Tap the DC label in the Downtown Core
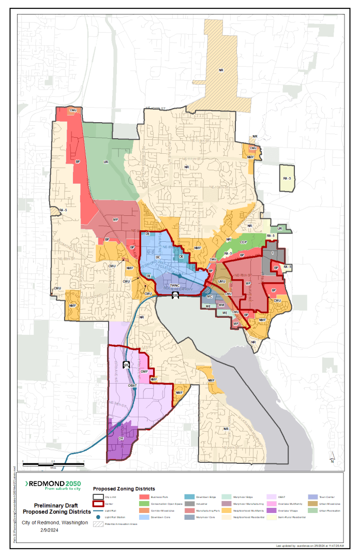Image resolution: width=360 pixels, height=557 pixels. pyautogui.click(x=158, y=257)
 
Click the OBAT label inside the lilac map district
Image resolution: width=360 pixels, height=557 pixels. pyautogui.click(x=132, y=386)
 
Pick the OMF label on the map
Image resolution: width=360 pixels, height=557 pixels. pyautogui.click(x=144, y=371)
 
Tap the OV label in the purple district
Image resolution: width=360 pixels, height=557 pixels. pyautogui.click(x=121, y=438)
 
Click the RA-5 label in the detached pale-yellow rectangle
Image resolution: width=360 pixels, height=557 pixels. pyautogui.click(x=286, y=178)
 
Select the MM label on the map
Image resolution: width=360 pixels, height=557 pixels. pyautogui.click(x=221, y=306)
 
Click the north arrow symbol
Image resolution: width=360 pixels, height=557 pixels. pyautogui.click(x=333, y=456)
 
